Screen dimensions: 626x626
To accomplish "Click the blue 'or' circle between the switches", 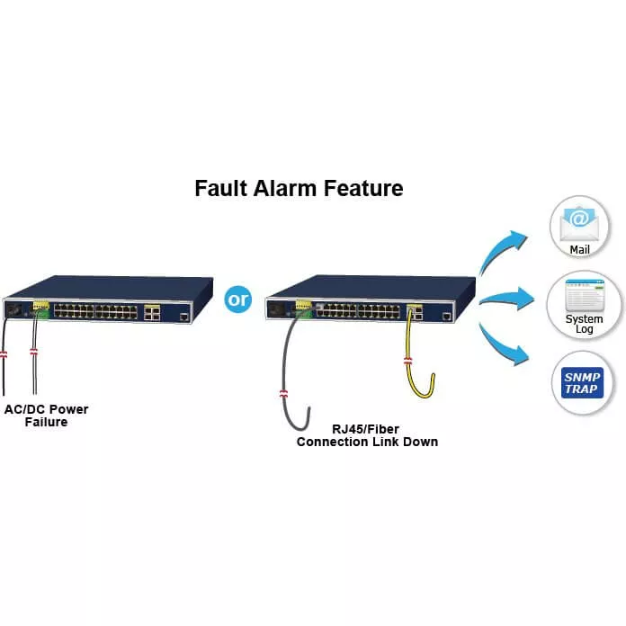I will (x=239, y=299).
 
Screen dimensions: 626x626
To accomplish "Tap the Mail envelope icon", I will (x=578, y=219).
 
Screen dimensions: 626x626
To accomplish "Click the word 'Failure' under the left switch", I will (x=45, y=422).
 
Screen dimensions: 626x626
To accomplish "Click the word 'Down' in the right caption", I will (x=419, y=442).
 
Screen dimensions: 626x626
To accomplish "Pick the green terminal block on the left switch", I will (x=40, y=309).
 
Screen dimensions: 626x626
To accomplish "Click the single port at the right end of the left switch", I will (x=183, y=317).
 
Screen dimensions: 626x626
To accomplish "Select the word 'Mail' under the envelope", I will (x=579, y=249).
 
